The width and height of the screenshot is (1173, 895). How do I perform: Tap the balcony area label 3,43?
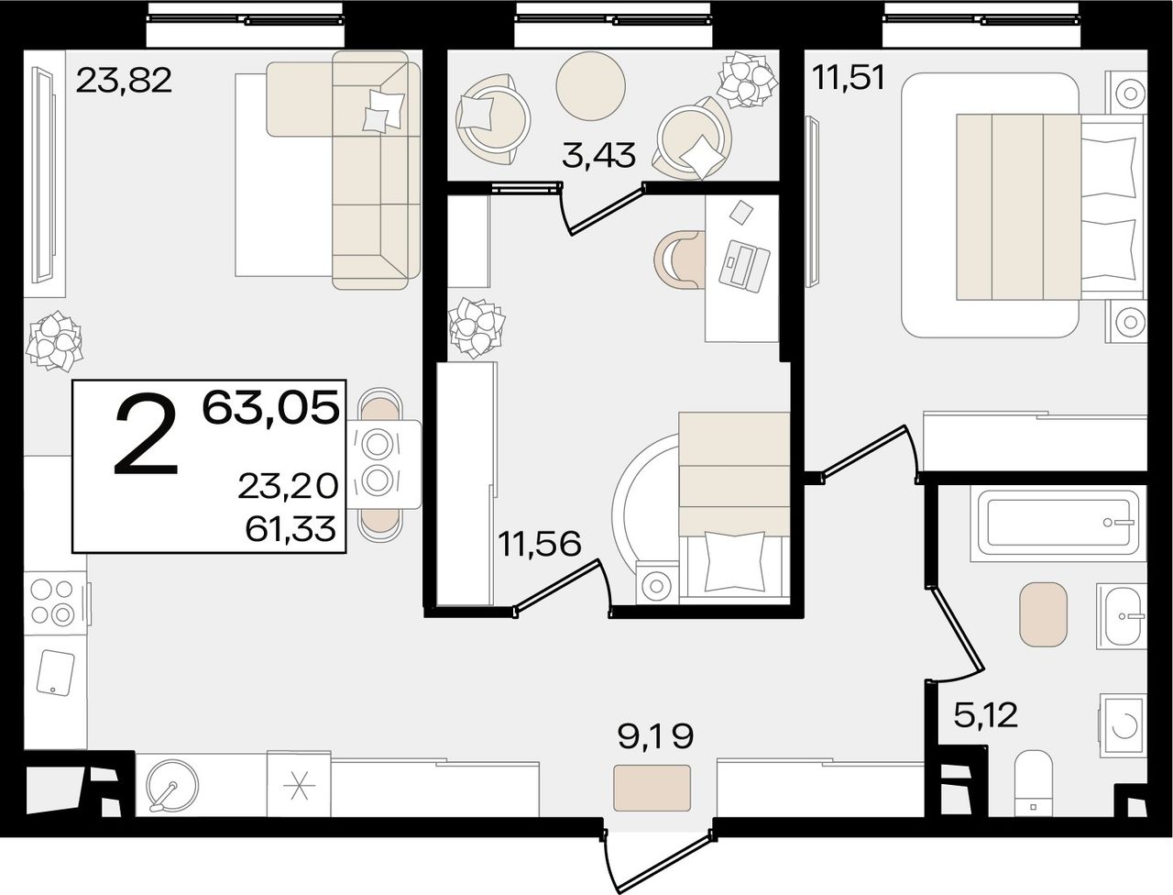point(598,156)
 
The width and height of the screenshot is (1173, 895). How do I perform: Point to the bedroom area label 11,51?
point(849,78)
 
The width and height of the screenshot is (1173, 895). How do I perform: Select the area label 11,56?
point(539,545)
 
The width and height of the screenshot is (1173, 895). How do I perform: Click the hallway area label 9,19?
point(655,735)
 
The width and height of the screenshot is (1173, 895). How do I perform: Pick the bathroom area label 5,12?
point(985,715)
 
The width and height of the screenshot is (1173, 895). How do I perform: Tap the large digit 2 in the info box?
point(147,434)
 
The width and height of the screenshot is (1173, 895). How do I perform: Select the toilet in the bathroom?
point(1033,785)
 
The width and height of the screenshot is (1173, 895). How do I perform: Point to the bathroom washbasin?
point(1121,616)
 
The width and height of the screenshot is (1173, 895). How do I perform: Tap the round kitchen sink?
point(171,785)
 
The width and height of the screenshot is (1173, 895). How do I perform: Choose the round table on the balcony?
point(590,85)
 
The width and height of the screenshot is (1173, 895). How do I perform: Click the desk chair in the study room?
point(680,260)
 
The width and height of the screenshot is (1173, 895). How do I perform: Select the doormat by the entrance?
point(652,788)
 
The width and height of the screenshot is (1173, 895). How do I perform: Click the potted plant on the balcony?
point(747,80)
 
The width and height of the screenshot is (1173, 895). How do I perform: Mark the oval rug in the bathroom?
point(1043,614)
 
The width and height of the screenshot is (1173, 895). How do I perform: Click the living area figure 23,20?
point(288,487)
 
